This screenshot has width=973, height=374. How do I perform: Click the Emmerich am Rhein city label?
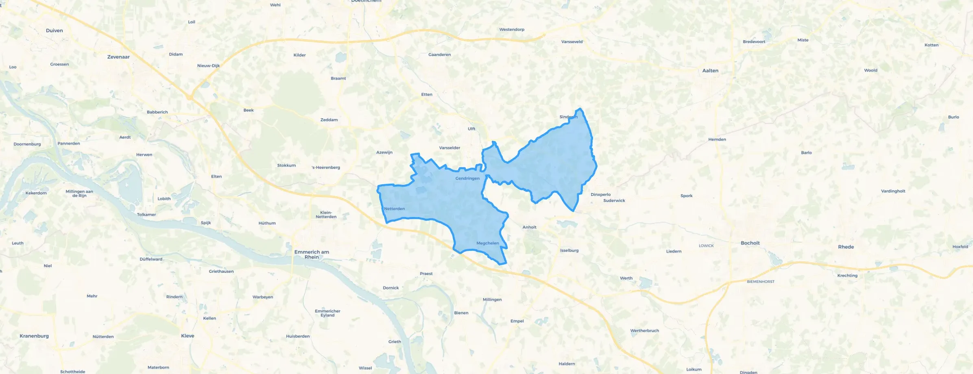(312, 254)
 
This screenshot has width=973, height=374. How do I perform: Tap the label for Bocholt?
(750, 243)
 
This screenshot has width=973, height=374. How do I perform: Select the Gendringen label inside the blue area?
(467, 178)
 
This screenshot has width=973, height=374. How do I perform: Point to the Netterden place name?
(394, 209)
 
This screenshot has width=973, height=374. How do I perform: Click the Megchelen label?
(487, 243)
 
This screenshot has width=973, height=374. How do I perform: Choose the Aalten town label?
(710, 71)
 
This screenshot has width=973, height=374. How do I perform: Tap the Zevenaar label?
(118, 57)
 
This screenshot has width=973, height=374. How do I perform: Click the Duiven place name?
(55, 30)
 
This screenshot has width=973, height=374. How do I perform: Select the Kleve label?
(188, 336)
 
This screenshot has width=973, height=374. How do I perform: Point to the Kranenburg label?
(34, 336)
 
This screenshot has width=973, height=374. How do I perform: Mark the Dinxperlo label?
(600, 195)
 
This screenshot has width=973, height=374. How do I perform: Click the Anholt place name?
(529, 227)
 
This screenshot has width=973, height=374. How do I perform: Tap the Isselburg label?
(569, 250)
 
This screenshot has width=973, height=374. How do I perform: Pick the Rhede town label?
(846, 247)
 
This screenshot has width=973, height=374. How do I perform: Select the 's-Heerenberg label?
(326, 167)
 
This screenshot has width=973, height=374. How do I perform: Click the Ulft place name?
(471, 129)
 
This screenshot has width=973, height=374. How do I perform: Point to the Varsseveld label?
(572, 42)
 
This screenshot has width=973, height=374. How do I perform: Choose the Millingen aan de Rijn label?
(79, 194)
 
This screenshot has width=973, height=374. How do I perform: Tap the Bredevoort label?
(754, 42)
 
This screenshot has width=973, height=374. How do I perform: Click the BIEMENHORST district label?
(761, 282)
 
